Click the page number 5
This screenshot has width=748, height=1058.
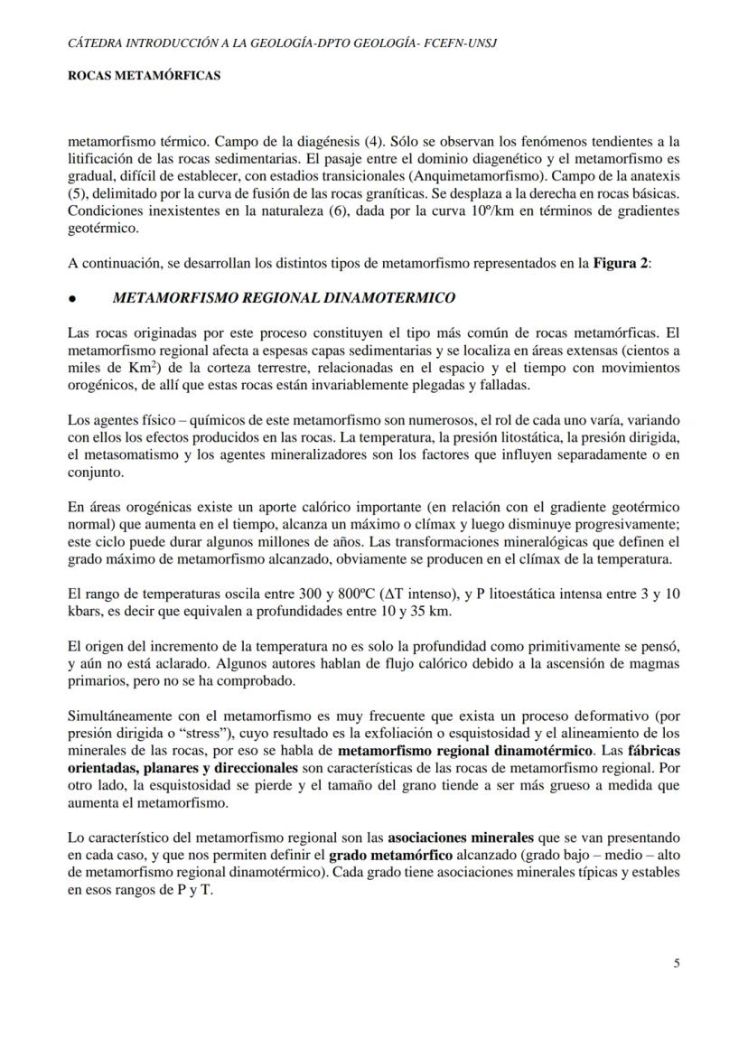coord(677,963)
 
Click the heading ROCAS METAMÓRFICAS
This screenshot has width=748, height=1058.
coord(145,77)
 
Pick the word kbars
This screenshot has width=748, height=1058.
coord(88,613)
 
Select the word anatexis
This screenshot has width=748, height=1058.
coord(651,174)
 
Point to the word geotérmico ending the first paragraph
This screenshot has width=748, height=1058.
coord(104,229)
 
